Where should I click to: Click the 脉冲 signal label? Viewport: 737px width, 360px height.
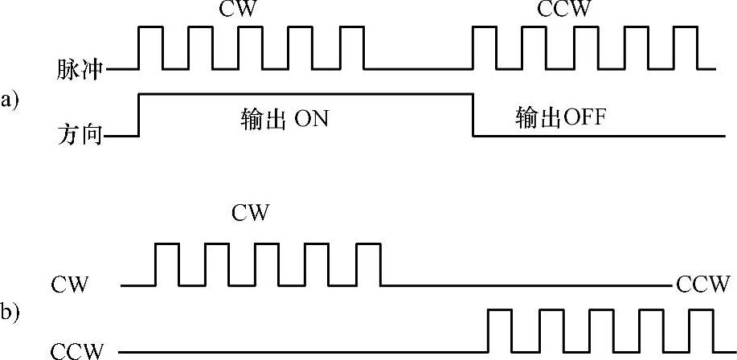click(80, 70)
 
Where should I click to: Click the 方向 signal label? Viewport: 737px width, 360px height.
click(80, 135)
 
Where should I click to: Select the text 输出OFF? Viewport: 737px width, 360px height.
click(560, 118)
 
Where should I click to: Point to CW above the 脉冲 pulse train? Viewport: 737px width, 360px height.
click(238, 10)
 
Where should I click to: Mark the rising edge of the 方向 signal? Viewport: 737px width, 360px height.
click(140, 115)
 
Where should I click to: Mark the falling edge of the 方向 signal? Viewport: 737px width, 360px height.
click(472, 115)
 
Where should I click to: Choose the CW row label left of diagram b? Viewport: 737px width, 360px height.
click(70, 284)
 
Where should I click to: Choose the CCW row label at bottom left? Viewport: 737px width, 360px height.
click(77, 351)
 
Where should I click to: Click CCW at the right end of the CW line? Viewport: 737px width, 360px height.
click(703, 284)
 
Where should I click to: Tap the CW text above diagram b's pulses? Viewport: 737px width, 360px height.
click(251, 213)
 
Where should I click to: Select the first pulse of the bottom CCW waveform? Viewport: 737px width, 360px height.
click(502, 329)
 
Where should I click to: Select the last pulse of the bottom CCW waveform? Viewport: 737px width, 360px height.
click(701, 329)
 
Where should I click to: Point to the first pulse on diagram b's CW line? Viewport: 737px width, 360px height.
click(167, 264)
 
